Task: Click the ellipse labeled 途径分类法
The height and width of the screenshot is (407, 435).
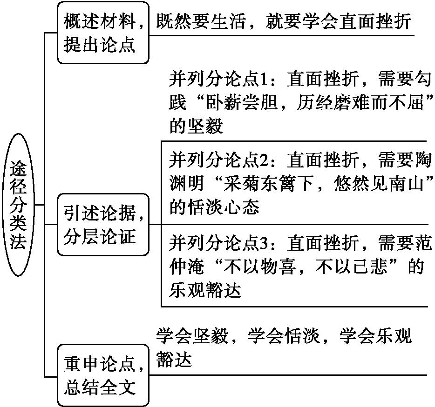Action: point(18,205)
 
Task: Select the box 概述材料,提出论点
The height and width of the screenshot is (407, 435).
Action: point(103,33)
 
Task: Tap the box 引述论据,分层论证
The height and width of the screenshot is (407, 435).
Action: point(103,224)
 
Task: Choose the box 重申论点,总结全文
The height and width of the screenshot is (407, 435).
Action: point(103,375)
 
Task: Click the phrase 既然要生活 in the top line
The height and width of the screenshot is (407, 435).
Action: point(201,21)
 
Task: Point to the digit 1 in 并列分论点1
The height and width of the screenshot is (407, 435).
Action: point(262,79)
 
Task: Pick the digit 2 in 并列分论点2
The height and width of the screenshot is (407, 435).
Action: point(262,160)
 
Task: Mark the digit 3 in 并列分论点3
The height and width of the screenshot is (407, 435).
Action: point(262,243)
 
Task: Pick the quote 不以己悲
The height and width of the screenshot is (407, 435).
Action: point(351,267)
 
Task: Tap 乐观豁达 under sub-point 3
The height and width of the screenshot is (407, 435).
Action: point(205,290)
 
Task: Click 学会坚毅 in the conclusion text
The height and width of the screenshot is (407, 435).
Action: point(192,336)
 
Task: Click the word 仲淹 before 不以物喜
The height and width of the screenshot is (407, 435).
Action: point(187,267)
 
